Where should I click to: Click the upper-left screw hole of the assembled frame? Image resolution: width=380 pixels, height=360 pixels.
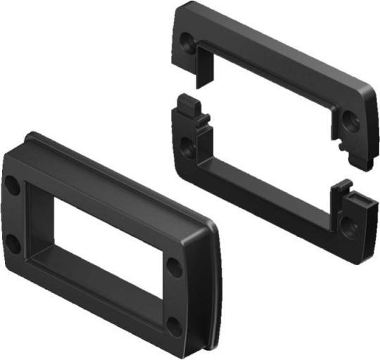(x=13, y=186)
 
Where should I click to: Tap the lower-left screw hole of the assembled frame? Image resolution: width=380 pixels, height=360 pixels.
(x=13, y=245)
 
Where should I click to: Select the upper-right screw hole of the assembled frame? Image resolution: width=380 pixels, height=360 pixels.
(x=175, y=268)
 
